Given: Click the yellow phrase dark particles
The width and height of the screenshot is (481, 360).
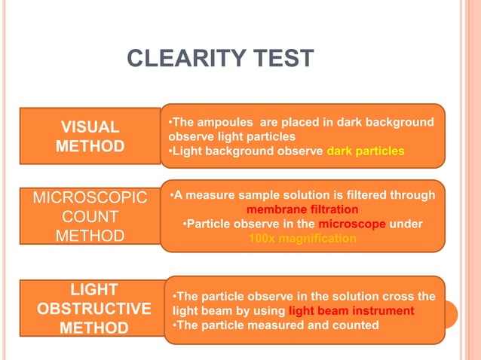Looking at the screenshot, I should pyautogui.click(x=365, y=151).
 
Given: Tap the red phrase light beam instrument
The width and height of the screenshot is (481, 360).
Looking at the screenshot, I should pyautogui.click(x=351, y=310).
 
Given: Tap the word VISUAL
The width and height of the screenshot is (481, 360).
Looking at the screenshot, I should pyautogui.click(x=90, y=127).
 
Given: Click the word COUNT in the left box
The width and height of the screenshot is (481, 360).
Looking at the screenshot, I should pyautogui.click(x=90, y=217).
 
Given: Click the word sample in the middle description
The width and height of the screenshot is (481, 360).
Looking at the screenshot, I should pyautogui.click(x=254, y=195).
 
